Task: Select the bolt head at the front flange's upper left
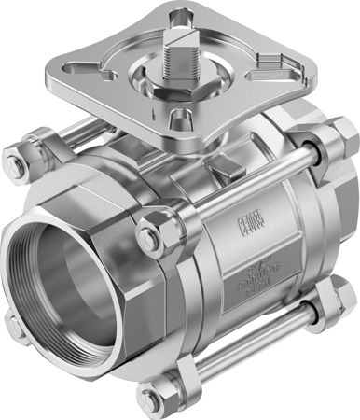point(16,165)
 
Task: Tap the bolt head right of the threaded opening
point(149,237)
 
